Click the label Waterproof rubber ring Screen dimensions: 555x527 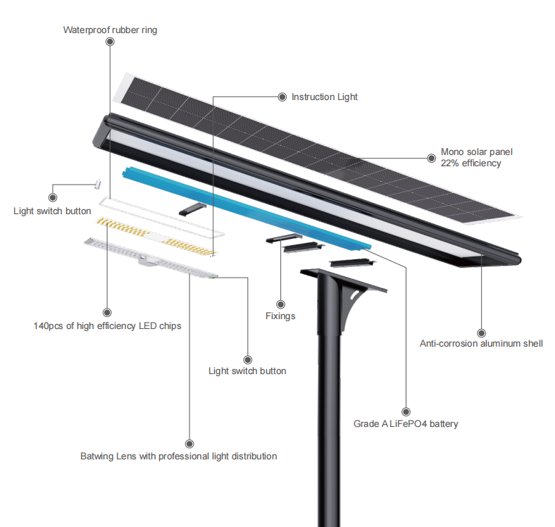point(110,30)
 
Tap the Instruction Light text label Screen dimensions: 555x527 point(324,97)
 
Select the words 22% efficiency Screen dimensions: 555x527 point(470,163)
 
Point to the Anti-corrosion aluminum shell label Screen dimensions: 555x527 point(481,344)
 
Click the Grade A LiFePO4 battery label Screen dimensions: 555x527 point(406,423)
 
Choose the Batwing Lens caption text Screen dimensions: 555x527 point(178,456)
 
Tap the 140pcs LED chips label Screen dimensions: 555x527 point(107,325)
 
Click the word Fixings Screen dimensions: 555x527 point(280,316)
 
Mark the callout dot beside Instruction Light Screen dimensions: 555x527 point(282,97)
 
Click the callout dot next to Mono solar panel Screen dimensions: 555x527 point(432,158)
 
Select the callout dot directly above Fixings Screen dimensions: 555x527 point(280,304)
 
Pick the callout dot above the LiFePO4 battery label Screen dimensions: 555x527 point(406,411)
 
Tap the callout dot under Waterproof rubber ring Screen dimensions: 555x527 point(110,42)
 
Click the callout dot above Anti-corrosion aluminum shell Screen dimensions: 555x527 point(481,333)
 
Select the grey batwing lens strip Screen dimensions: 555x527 point(151,258)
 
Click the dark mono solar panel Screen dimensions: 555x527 point(317,149)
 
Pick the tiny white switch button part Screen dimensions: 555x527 point(98,184)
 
